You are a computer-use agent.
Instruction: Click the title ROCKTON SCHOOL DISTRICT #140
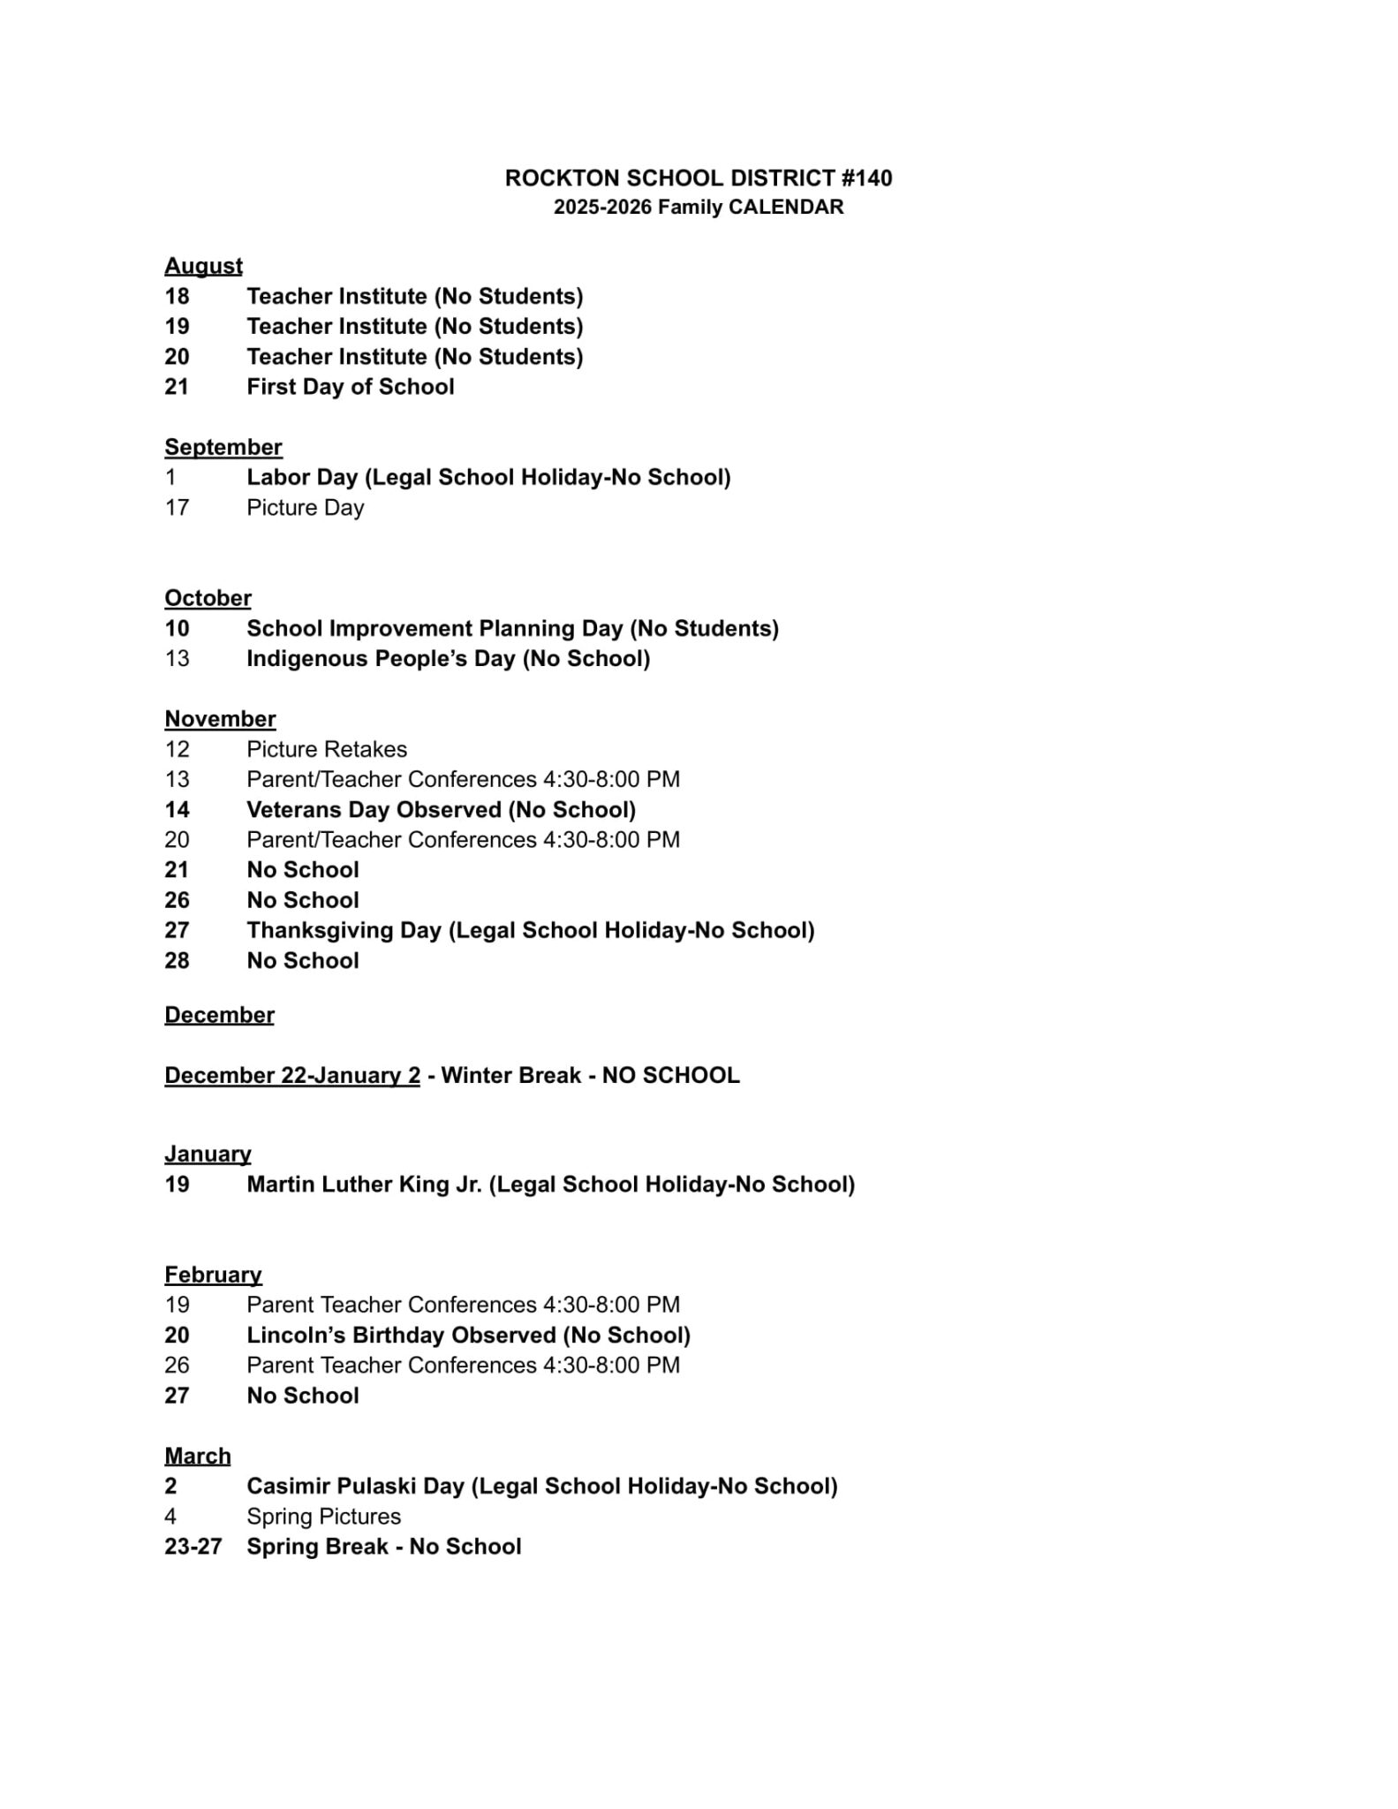click(x=698, y=178)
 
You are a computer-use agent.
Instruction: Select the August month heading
click(x=203, y=266)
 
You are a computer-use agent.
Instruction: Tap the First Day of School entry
click(x=350, y=387)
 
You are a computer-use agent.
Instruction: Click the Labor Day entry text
click(x=487, y=478)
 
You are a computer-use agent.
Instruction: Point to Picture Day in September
click(x=305, y=508)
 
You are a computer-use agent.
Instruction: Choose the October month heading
click(x=208, y=598)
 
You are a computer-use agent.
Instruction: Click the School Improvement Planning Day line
click(x=512, y=629)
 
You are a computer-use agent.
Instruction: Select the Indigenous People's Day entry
click(x=448, y=659)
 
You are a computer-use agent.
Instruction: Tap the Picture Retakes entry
click(x=327, y=750)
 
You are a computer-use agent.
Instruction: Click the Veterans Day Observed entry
click(x=441, y=810)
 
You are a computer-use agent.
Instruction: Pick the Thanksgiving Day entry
click(x=530, y=931)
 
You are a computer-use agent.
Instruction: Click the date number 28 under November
click(x=177, y=961)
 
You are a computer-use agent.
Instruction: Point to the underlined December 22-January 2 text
click(x=291, y=1076)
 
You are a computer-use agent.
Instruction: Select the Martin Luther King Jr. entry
click(x=550, y=1185)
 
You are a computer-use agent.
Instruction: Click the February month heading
click(x=213, y=1275)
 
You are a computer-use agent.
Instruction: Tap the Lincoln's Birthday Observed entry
click(x=468, y=1336)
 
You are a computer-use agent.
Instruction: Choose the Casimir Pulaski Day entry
click(x=541, y=1487)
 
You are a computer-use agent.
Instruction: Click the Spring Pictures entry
click(x=323, y=1517)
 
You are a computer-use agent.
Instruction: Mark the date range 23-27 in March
click(x=193, y=1547)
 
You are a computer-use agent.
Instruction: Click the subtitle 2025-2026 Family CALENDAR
click(x=698, y=208)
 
